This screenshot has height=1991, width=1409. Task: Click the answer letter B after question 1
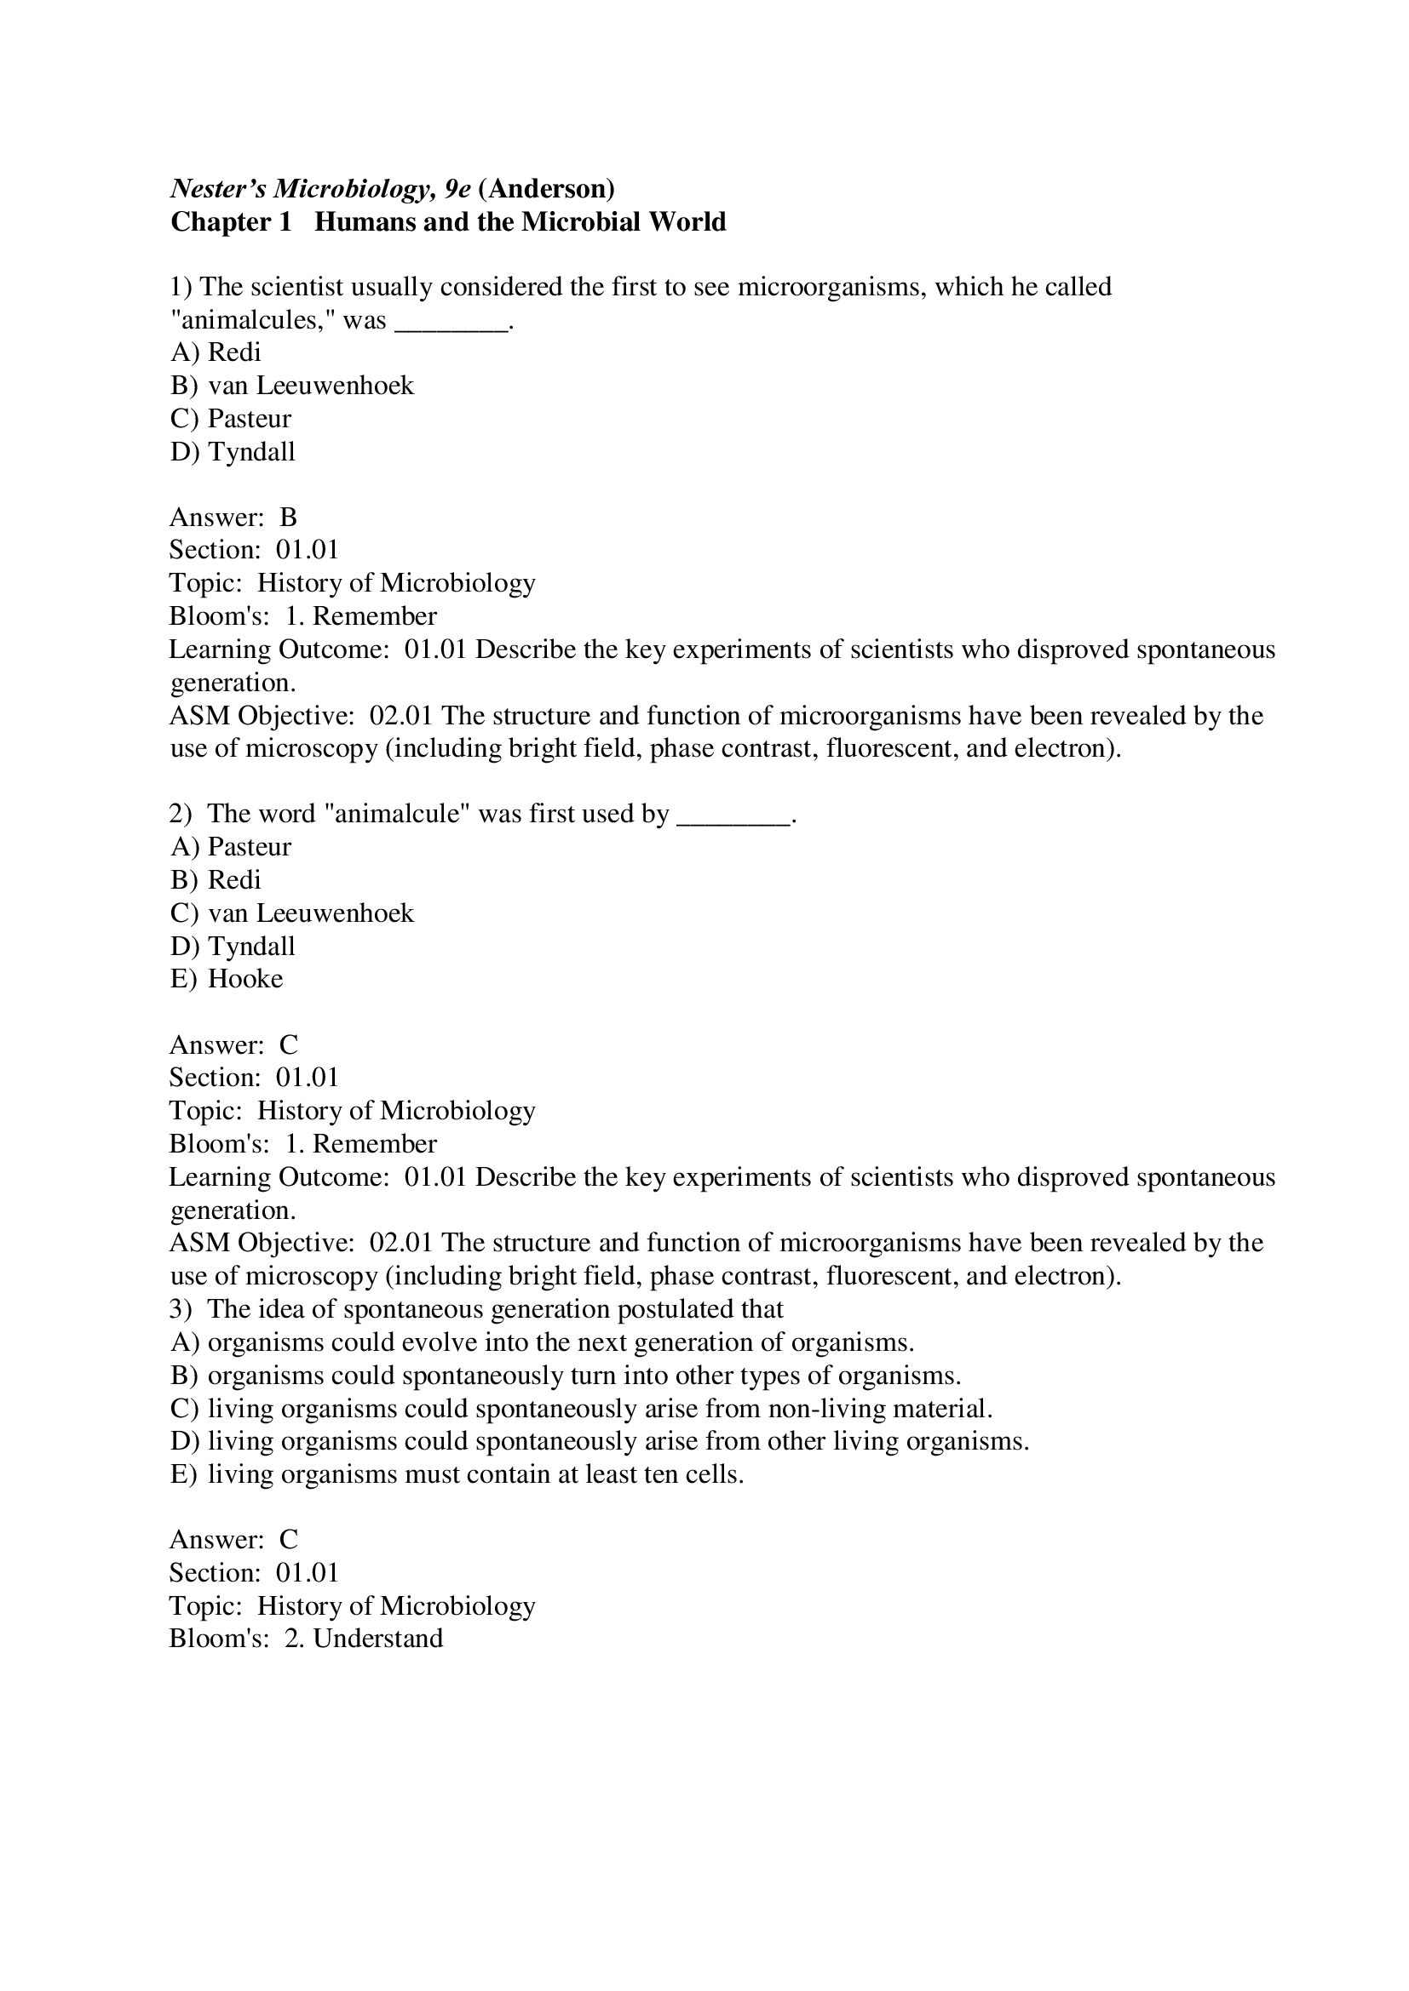click(288, 518)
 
